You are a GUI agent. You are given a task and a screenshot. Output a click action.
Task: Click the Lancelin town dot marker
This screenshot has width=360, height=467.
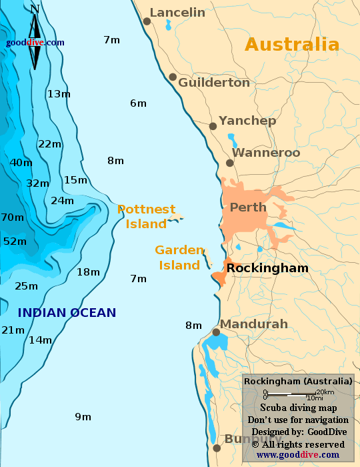[x=147, y=21]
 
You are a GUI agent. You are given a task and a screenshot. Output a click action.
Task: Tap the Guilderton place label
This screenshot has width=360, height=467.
[x=214, y=83]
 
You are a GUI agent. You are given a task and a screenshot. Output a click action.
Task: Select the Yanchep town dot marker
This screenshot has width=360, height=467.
[x=213, y=126]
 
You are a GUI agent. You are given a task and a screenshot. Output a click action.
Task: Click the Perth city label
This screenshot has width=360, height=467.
[x=248, y=207]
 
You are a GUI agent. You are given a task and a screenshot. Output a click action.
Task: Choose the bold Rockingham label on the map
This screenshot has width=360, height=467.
[x=267, y=268]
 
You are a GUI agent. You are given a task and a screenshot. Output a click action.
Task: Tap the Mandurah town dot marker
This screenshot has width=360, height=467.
[x=216, y=332]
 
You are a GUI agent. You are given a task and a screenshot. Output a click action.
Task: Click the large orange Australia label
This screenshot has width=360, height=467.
[x=292, y=45]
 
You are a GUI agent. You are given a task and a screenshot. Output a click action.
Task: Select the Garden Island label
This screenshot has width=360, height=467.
[x=179, y=258]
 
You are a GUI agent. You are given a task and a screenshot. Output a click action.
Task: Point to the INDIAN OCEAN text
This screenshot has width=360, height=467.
[x=67, y=312]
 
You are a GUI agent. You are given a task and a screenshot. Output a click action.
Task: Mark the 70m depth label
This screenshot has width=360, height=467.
[x=12, y=217]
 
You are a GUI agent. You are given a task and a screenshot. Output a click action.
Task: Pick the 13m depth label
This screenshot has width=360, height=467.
[x=59, y=94]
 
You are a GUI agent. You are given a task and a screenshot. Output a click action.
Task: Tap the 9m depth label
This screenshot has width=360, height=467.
[x=83, y=417]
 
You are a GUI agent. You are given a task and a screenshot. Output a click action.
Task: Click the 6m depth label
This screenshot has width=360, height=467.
[x=138, y=103]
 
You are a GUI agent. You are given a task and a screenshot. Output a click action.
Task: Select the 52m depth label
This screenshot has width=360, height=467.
[x=15, y=242]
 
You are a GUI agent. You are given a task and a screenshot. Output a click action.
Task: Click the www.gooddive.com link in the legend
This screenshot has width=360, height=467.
[x=297, y=455]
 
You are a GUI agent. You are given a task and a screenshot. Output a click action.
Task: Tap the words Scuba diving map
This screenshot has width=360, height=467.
[x=298, y=408]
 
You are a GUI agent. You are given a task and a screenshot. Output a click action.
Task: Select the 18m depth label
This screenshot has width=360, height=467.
[x=88, y=272]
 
